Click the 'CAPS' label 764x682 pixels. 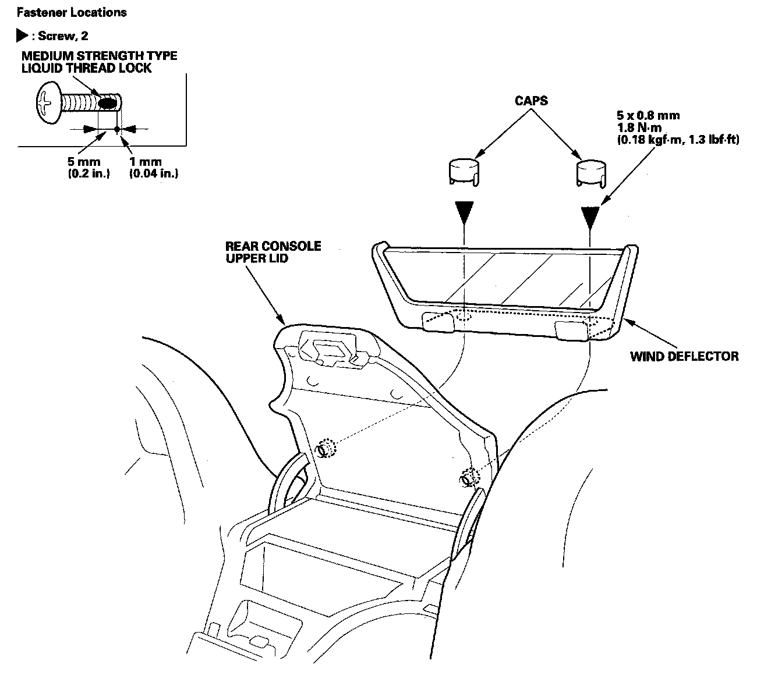coord(531,101)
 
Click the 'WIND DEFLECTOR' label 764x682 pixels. coord(684,356)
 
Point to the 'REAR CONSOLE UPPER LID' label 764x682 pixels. coord(273,251)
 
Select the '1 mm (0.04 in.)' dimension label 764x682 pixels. coord(153,168)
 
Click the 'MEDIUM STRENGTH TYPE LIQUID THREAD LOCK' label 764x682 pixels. coord(99,62)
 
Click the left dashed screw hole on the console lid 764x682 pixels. coord(325,449)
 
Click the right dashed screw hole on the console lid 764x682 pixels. coord(468,477)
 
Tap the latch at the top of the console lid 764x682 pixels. coord(327,350)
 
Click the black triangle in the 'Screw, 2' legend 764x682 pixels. coord(22,36)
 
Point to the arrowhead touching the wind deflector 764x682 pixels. coord(628,322)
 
